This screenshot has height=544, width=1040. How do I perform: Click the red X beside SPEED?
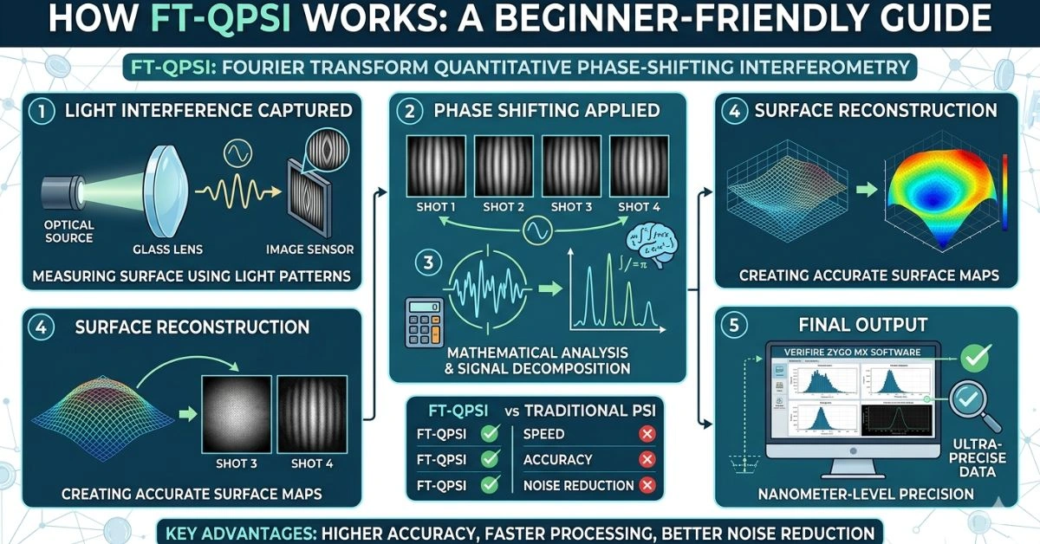point(646,434)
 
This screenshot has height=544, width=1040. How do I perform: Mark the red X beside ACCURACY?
point(646,460)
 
